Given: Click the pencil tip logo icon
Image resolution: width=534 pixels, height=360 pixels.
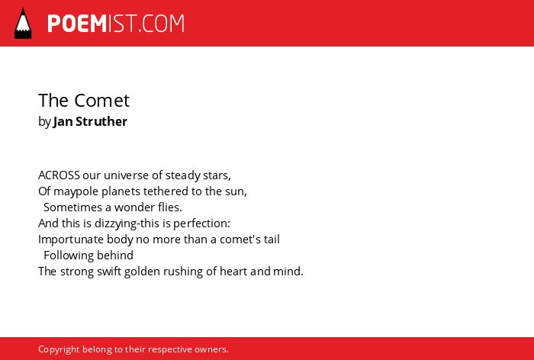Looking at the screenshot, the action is click(23, 24).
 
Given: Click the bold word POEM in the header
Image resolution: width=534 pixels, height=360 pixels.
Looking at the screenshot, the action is click(77, 24).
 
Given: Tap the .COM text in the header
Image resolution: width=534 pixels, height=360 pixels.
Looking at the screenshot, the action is click(162, 24).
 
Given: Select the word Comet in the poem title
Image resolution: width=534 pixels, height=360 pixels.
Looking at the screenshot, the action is click(101, 101).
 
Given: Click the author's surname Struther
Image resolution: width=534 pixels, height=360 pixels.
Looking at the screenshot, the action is click(101, 121).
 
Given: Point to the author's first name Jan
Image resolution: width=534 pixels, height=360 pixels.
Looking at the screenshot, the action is click(63, 122).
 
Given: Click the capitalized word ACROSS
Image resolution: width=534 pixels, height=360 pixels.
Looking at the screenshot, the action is click(59, 175).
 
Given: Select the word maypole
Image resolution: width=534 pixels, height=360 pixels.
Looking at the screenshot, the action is click(76, 191).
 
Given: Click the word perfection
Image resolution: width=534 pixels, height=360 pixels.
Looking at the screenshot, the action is click(202, 223).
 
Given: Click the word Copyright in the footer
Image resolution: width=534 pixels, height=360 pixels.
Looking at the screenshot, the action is click(59, 350).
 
